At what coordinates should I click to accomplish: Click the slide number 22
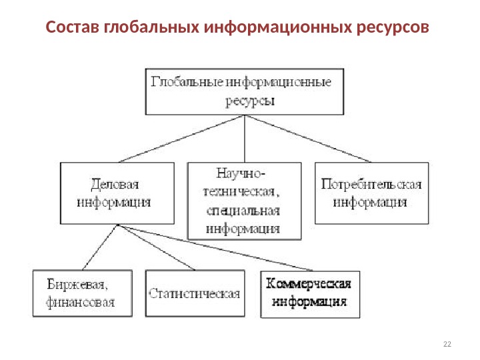(x=447, y=343)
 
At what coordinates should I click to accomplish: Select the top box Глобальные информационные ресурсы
(x=245, y=91)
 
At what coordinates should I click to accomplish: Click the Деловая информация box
(x=117, y=192)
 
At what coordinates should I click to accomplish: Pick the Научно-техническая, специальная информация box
(x=244, y=200)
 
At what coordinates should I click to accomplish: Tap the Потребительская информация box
(x=371, y=192)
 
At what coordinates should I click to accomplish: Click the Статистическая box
(x=195, y=293)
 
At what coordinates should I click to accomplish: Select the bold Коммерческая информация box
(x=309, y=293)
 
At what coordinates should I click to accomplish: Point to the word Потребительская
(x=371, y=184)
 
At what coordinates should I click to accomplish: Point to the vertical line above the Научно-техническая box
(x=245, y=138)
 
